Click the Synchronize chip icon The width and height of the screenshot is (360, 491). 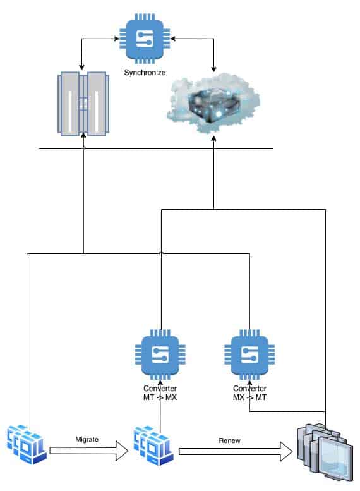145,39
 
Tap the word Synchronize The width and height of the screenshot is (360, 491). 145,73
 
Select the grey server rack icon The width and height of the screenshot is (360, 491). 83,104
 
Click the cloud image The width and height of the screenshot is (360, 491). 213,103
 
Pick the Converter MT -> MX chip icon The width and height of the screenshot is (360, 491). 160,355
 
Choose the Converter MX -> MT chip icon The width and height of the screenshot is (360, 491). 249,355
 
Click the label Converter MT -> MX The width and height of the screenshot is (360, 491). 160,392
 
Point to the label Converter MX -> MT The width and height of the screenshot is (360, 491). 249,392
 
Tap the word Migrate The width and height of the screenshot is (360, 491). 87,439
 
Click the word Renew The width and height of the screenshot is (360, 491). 229,440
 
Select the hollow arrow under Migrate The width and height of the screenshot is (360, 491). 89,451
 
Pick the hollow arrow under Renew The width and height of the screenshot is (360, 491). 236,452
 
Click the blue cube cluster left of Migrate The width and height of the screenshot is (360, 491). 27,445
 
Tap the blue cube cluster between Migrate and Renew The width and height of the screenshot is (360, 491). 153,446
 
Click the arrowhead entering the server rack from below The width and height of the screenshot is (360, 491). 83,135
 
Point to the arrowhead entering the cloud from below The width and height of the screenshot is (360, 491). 214,138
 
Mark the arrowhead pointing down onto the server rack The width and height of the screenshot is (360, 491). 81,68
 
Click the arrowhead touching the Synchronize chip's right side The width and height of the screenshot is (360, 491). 173,39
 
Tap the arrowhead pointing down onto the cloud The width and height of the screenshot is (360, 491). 214,69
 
